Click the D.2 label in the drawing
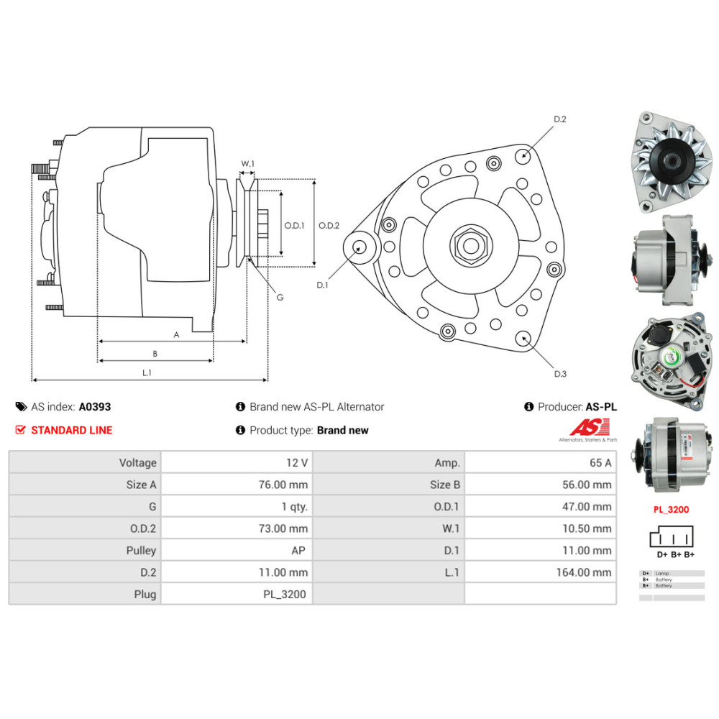(559, 119)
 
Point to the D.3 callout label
(560, 373)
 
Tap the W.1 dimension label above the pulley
(247, 164)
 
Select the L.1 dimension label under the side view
(147, 372)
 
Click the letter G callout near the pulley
(280, 297)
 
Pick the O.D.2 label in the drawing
(329, 225)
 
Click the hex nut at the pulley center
(471, 245)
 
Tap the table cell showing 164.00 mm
(541, 572)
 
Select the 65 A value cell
(541, 463)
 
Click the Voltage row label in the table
(85, 463)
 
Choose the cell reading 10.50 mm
(541, 528)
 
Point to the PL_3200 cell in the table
(237, 595)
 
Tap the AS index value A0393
(95, 406)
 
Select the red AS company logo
(588, 429)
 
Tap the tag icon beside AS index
(21, 407)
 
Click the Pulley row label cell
(85, 551)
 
